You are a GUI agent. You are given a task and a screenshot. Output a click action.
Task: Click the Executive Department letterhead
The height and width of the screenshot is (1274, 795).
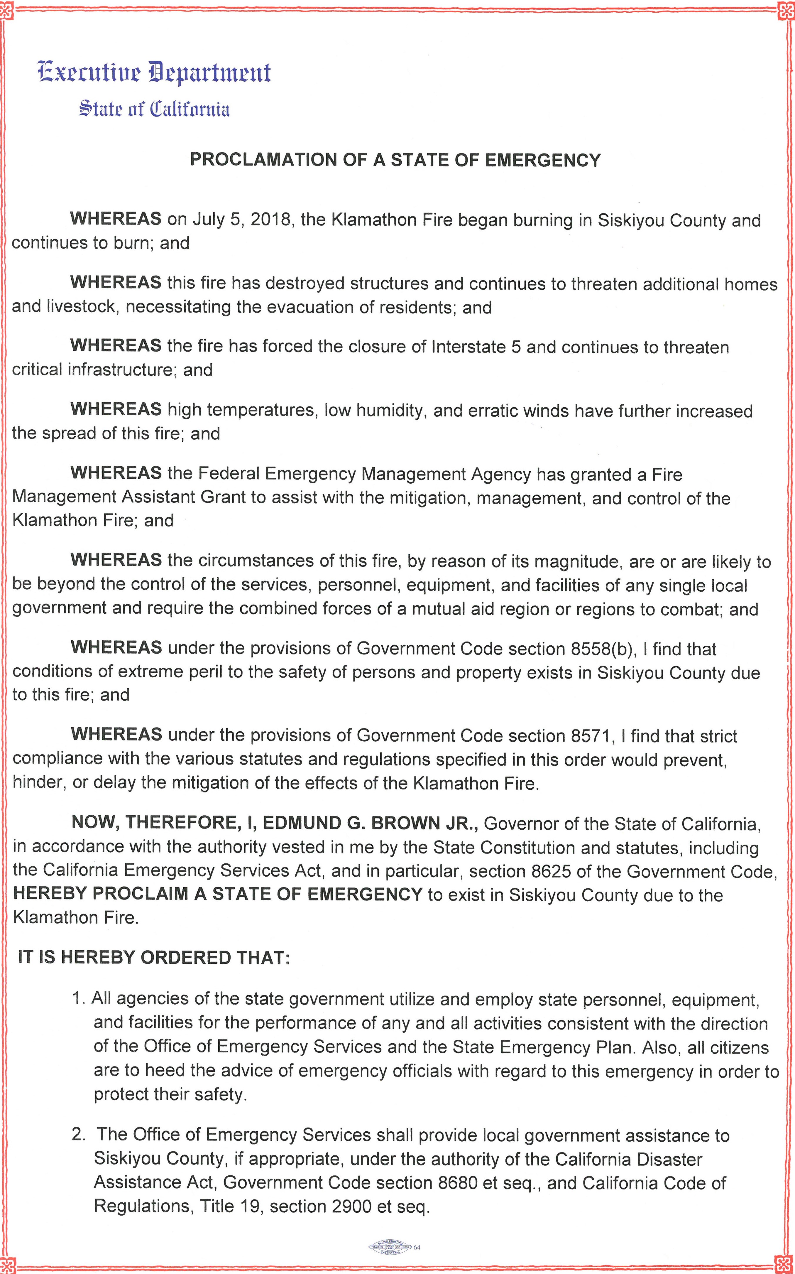tap(154, 72)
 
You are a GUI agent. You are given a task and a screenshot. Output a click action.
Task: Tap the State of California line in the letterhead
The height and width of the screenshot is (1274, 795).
tap(154, 109)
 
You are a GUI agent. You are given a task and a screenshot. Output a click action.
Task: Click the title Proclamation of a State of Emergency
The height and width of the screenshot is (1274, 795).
tap(395, 160)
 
